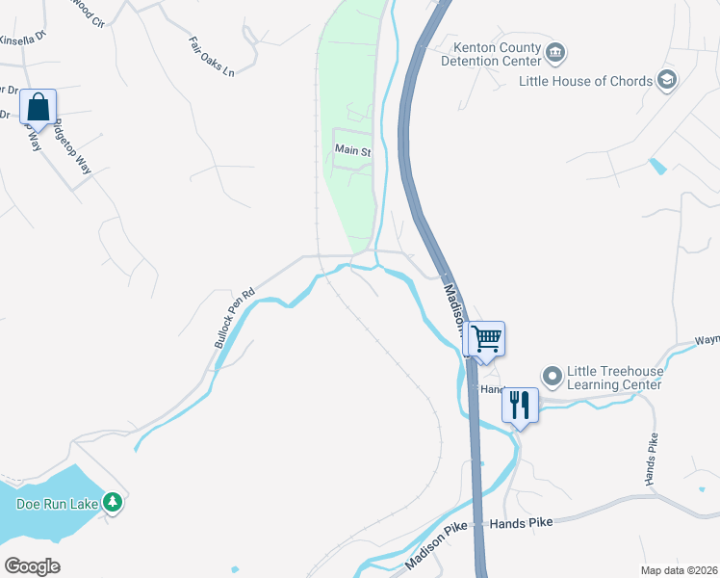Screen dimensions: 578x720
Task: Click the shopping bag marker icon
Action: (38, 107)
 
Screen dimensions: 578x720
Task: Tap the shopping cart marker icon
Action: (486, 338)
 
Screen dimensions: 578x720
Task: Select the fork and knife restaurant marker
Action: (520, 405)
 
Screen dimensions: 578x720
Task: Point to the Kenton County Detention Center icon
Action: (554, 52)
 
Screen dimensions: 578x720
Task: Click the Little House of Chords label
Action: (585, 81)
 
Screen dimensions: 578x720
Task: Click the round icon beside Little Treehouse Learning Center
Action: (552, 375)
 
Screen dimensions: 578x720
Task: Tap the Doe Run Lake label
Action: (54, 503)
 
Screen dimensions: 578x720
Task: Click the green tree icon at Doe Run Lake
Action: (114, 502)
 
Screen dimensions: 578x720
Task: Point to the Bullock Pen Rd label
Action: (234, 317)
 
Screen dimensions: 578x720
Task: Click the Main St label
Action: (352, 150)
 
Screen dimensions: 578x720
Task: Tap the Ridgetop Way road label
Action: (72, 145)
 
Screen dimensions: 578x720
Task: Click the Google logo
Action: (33, 566)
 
